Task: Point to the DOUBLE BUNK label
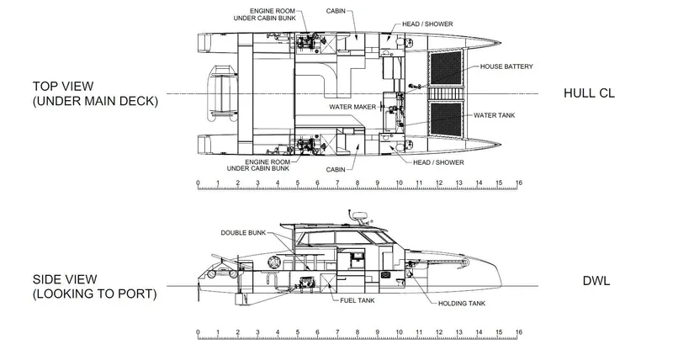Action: pos(244,232)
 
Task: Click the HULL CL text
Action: pos(588,93)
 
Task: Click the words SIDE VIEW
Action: pos(64,280)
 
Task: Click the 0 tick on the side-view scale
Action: pos(198,334)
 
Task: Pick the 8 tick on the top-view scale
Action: pos(358,183)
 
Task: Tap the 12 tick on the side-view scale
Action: pos(438,334)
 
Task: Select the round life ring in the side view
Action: pos(273,263)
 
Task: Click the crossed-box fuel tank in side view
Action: pos(308,283)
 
